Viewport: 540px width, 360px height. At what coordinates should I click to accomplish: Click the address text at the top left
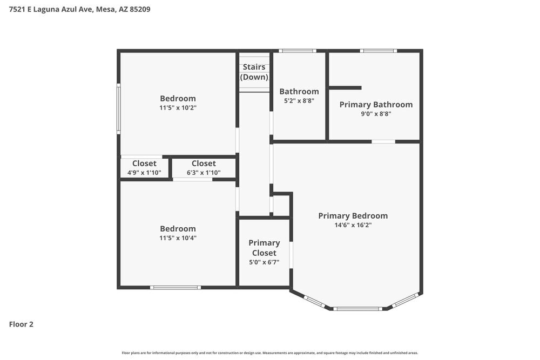pos(79,9)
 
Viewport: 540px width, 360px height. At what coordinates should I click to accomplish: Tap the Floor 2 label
pos(21,324)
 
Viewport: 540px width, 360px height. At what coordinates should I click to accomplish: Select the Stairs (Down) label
pos(254,72)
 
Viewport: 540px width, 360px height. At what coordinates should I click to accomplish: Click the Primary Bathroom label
pos(376,105)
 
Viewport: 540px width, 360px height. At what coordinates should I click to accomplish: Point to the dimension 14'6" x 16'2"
pos(353,225)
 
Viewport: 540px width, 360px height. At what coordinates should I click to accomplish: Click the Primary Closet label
pos(264,248)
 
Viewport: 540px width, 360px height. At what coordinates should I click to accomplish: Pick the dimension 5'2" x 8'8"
pos(299,100)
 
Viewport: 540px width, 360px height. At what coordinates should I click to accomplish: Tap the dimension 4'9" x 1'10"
pos(144,173)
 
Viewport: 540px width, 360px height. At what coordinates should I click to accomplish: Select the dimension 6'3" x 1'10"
pos(204,173)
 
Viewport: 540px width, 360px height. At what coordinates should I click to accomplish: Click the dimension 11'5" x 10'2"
pos(178,108)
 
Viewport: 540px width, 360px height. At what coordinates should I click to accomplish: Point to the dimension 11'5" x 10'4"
pos(178,238)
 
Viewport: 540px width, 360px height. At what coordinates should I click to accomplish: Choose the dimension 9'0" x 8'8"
pos(376,114)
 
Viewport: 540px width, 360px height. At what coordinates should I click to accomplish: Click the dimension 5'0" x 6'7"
pos(264,262)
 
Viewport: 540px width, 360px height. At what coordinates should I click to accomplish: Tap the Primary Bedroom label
pos(353,216)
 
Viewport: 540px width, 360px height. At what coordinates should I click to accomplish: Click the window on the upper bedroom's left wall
pos(119,108)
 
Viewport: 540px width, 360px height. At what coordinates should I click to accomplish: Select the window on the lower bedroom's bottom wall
pos(175,287)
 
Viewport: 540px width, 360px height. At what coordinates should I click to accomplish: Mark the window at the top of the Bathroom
pos(297,51)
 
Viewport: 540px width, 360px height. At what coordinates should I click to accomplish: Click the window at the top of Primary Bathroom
pos(379,51)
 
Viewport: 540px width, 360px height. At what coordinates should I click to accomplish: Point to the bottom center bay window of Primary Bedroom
pos(357,309)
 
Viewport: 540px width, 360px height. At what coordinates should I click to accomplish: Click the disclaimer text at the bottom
pos(270,353)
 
